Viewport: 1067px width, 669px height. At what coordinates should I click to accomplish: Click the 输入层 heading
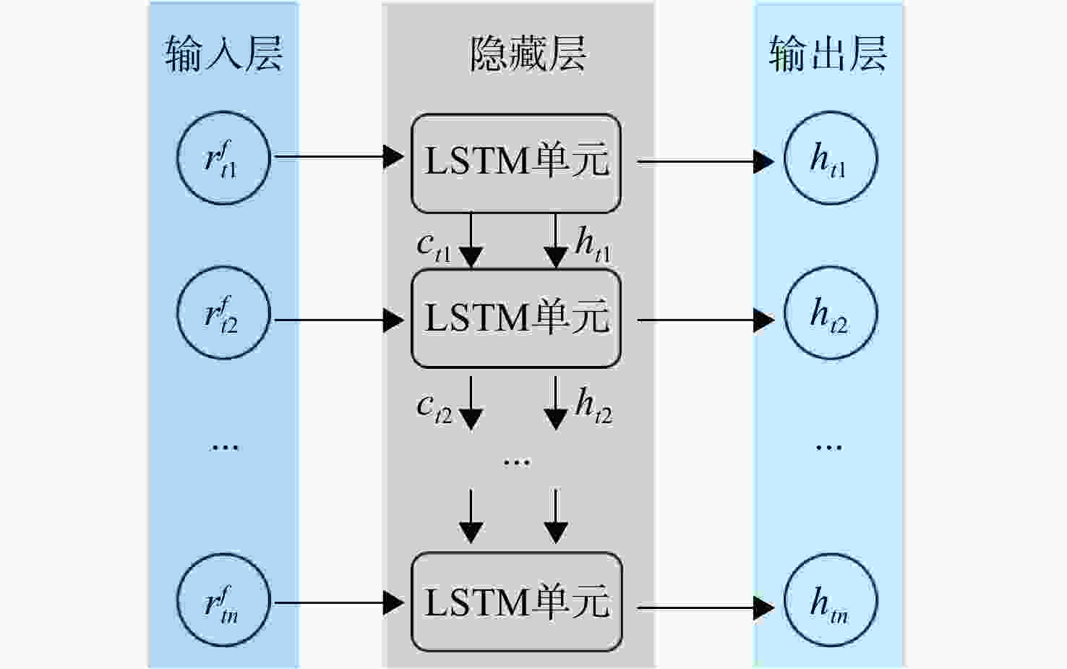click(x=224, y=54)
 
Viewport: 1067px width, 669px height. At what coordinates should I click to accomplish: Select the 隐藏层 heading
click(x=528, y=54)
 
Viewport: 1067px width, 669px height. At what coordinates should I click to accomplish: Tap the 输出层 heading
click(x=828, y=54)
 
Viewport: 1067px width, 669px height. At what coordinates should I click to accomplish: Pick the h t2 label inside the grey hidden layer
click(x=594, y=406)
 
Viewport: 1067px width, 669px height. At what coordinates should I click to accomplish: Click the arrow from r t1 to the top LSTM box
click(x=339, y=156)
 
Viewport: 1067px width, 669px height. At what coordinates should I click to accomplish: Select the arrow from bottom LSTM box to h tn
click(x=706, y=608)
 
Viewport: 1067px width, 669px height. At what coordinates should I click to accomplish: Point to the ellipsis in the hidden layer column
click(x=517, y=461)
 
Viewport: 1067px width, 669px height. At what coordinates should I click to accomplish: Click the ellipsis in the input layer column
click(x=225, y=448)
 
